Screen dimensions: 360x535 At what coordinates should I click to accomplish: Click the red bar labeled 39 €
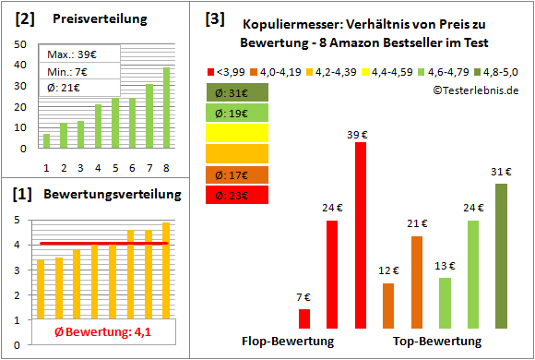click(x=361, y=235)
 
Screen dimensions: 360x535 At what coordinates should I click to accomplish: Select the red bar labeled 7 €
click(x=304, y=319)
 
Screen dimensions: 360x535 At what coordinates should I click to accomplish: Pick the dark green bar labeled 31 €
click(x=501, y=256)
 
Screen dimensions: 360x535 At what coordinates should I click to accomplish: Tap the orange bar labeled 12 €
click(x=388, y=306)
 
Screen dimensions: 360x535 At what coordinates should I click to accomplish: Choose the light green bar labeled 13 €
click(x=445, y=304)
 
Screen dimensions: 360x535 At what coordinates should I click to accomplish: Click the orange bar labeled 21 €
click(x=417, y=282)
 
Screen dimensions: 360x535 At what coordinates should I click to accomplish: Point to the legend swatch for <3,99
click(x=211, y=71)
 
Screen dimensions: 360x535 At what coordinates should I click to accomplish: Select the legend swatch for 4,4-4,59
click(x=367, y=71)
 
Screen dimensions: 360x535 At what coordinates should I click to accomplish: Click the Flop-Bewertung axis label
click(x=287, y=341)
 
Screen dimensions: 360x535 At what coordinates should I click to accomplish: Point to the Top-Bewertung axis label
click(x=437, y=341)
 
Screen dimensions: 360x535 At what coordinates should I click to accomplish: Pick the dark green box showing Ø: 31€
click(x=237, y=92)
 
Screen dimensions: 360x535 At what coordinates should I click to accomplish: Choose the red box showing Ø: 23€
click(x=237, y=195)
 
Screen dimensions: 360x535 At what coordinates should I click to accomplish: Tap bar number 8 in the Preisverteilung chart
click(x=167, y=108)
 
